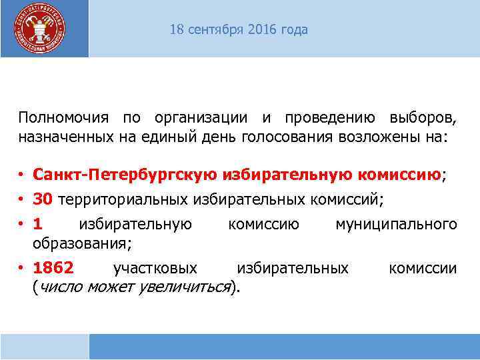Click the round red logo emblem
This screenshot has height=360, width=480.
(x=40, y=28)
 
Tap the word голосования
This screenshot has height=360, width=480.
(x=297, y=137)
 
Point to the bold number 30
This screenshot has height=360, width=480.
(x=42, y=199)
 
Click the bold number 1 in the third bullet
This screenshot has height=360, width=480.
(x=37, y=224)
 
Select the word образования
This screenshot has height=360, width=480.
(x=79, y=243)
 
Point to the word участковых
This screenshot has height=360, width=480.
(x=155, y=268)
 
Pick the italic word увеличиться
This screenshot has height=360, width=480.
(x=183, y=287)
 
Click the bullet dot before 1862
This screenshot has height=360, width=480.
(x=22, y=268)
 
